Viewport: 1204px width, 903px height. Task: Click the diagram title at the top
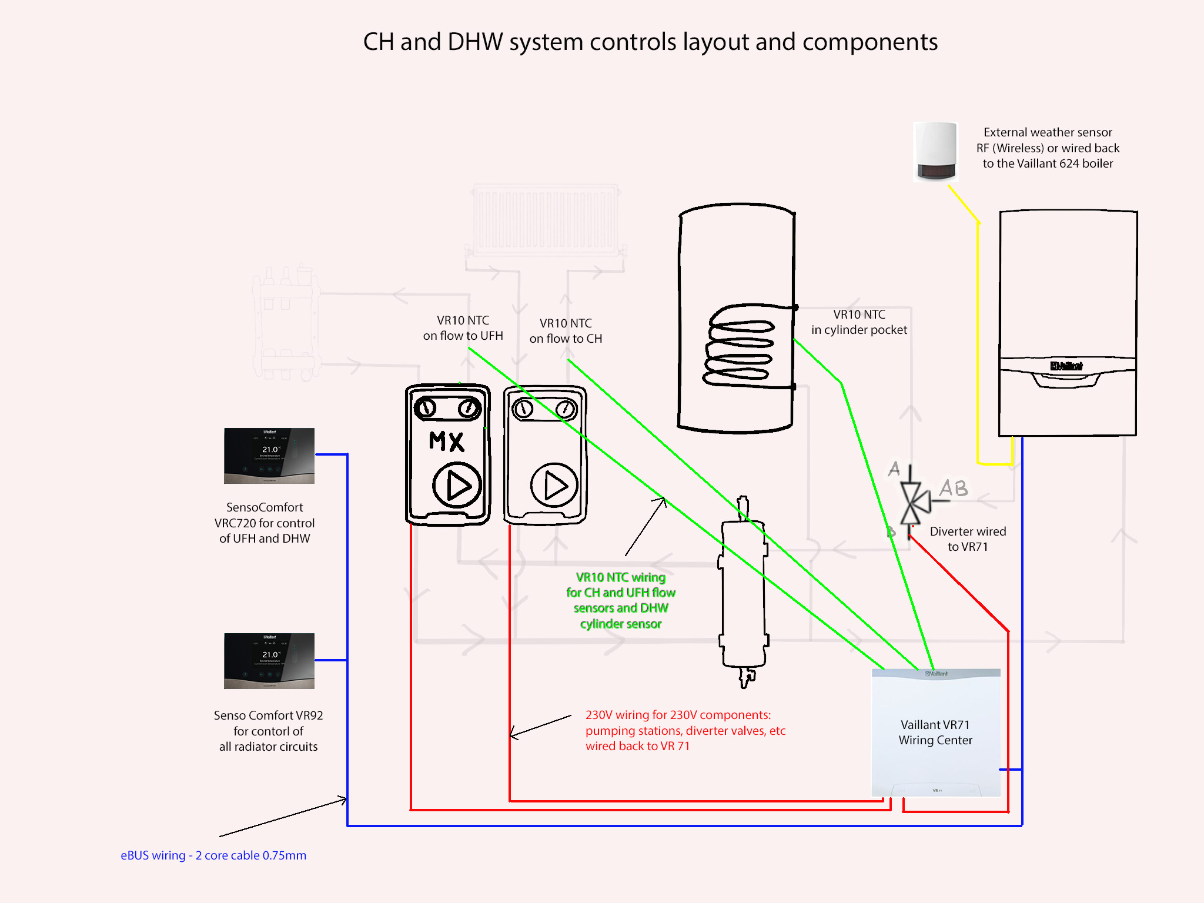click(650, 42)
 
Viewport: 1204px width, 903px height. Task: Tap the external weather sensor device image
click(935, 152)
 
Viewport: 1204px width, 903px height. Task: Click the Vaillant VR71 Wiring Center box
click(935, 733)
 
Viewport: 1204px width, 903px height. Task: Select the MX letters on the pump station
click(447, 441)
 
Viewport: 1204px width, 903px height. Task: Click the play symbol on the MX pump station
click(457, 486)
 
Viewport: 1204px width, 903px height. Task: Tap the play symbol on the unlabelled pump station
click(554, 486)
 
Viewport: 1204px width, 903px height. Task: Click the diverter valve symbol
click(912, 503)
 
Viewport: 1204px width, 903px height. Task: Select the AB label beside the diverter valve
click(954, 488)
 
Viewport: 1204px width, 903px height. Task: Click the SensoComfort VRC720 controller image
click(269, 456)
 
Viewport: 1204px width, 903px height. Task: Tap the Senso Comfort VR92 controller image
click(269, 661)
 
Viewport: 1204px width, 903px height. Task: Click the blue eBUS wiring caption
click(213, 855)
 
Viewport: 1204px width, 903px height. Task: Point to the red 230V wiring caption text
click(685, 730)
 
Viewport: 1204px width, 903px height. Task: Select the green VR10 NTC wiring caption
click(621, 600)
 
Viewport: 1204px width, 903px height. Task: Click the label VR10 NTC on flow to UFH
click(463, 328)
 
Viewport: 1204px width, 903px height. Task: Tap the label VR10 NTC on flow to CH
click(566, 331)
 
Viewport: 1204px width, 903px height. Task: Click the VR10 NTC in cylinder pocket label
click(859, 322)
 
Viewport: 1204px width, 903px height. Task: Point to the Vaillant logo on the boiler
click(1066, 366)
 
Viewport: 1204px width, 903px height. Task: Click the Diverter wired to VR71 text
click(968, 539)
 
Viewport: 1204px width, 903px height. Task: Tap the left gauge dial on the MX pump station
click(425, 407)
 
